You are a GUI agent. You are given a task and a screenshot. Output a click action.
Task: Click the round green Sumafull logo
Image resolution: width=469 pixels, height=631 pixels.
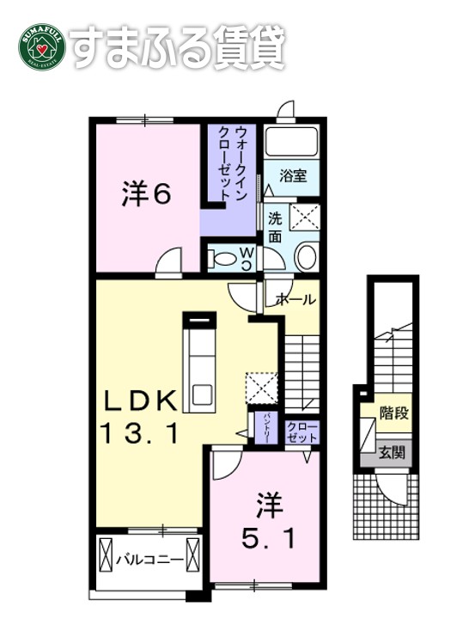(41, 48)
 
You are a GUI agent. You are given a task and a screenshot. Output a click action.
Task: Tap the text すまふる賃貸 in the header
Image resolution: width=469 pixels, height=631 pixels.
(177, 48)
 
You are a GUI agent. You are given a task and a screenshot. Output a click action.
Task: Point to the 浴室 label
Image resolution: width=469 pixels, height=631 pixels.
(291, 177)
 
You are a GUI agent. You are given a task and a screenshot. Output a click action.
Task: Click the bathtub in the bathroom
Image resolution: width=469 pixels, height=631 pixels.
(291, 142)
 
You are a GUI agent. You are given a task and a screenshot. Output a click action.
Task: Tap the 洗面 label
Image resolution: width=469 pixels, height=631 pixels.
(275, 226)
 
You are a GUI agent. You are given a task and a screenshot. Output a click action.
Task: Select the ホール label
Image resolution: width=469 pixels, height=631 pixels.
(295, 300)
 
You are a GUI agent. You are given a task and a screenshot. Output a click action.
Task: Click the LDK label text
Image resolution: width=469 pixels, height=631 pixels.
(141, 401)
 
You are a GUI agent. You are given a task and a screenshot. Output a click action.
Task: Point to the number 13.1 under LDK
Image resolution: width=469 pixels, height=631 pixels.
(141, 434)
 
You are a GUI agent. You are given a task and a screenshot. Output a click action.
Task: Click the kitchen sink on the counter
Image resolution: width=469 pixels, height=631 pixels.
(204, 395)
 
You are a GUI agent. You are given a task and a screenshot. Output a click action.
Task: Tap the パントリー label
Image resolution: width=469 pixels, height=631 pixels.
(266, 426)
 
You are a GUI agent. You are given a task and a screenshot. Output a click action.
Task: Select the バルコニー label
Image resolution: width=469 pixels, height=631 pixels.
(149, 560)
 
